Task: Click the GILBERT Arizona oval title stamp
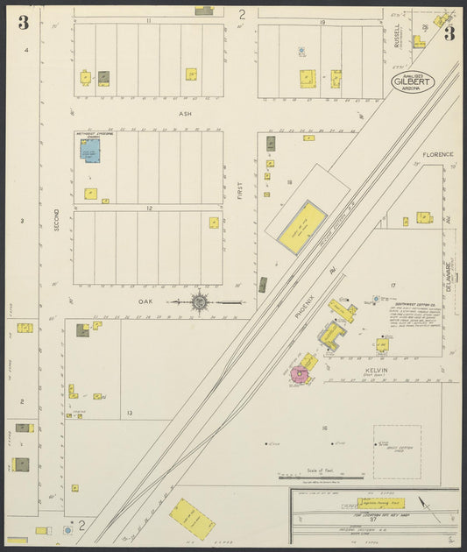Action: tap(411, 81)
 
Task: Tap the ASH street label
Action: tap(184, 114)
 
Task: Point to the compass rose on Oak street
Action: tap(200, 302)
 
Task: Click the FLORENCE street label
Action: tap(438, 154)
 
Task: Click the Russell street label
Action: tap(397, 35)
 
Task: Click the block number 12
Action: tap(150, 209)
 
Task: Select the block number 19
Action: tap(322, 21)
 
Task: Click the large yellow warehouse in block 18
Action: tap(302, 226)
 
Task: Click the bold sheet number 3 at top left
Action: tap(23, 23)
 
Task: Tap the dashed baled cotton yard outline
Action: tap(397, 452)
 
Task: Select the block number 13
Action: tap(129, 412)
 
